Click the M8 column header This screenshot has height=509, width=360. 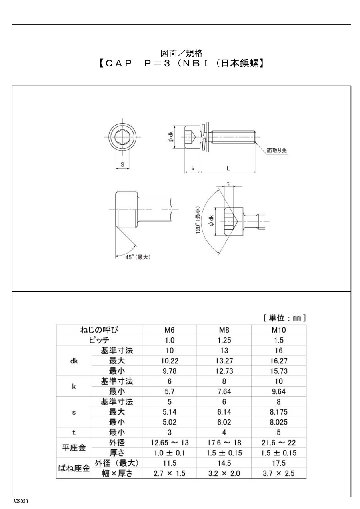224,331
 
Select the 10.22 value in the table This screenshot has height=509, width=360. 170,361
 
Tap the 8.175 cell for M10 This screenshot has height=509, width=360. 279,412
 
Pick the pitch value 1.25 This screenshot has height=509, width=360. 224,341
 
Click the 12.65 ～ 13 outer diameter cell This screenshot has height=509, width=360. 170,443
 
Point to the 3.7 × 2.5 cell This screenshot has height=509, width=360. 279,474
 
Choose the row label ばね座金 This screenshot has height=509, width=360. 74,469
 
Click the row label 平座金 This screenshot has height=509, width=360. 74,448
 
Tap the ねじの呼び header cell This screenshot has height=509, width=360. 99,330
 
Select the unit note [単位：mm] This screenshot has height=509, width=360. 284,318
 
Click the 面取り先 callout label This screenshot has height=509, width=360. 277,151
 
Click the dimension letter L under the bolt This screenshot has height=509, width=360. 228,169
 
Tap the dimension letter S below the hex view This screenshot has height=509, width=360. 122,164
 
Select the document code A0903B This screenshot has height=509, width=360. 20,501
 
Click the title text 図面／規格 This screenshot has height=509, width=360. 181,53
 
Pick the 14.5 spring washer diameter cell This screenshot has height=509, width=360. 224,463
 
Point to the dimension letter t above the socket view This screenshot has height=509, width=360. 228,183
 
